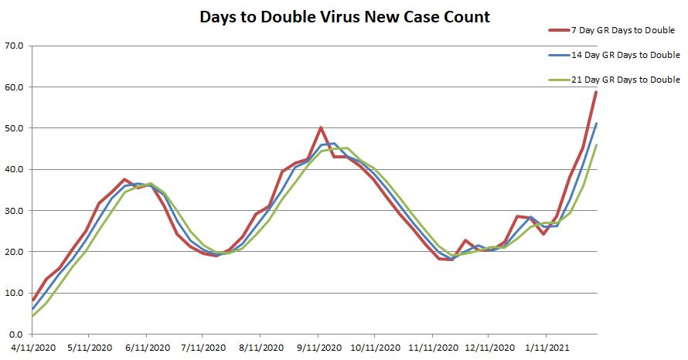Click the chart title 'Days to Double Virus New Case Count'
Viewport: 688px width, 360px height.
pos(344,16)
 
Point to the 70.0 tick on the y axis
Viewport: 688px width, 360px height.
pos(15,46)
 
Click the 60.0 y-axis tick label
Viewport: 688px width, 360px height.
pos(15,87)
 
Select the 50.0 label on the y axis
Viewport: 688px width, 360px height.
pos(15,128)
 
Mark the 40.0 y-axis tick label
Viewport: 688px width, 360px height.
pos(15,169)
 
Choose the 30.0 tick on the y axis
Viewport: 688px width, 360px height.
pos(15,211)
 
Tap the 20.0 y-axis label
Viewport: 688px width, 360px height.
pos(15,252)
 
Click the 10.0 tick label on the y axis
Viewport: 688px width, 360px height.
pos(15,293)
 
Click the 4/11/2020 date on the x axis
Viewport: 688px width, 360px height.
pos(32,348)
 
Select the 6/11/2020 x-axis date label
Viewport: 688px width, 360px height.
pos(147,348)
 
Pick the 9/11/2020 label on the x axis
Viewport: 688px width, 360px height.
pos(318,348)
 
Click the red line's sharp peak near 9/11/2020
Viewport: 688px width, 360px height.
pos(321,128)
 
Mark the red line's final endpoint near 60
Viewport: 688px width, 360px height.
pos(596,92)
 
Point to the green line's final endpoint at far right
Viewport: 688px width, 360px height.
pos(596,145)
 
